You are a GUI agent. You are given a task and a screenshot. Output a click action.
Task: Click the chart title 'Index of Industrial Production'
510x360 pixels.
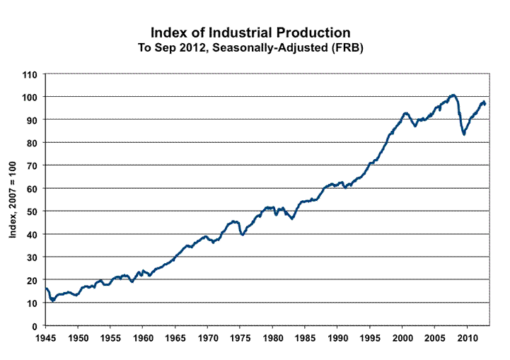coord(250,33)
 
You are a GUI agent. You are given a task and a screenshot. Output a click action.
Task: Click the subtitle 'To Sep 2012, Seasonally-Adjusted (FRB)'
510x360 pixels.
coord(250,47)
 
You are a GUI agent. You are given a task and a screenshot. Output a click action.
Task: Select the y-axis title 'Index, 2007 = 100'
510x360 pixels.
coord(13,200)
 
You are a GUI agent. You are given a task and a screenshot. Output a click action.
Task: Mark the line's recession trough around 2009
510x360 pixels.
coord(464,134)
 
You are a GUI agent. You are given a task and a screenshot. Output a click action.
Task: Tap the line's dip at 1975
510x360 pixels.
coord(243,234)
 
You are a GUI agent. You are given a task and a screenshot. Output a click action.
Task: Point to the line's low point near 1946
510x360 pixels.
coord(52,301)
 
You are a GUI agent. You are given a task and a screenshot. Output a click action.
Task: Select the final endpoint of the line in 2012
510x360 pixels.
coord(485,104)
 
